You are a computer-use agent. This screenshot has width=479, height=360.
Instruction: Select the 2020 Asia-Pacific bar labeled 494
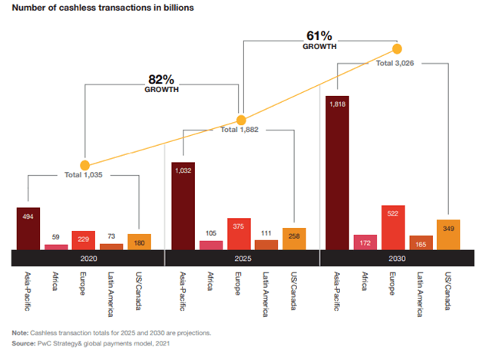[x=28, y=229]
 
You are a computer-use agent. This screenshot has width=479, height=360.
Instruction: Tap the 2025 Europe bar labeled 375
[x=239, y=234]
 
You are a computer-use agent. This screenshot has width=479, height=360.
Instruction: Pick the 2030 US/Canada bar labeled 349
[x=448, y=235]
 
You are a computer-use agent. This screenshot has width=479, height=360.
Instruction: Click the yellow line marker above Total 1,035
[x=84, y=164]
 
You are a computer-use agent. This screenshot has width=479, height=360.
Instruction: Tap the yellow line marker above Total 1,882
[x=241, y=120]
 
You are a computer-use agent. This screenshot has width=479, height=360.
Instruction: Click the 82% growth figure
[x=162, y=79]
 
